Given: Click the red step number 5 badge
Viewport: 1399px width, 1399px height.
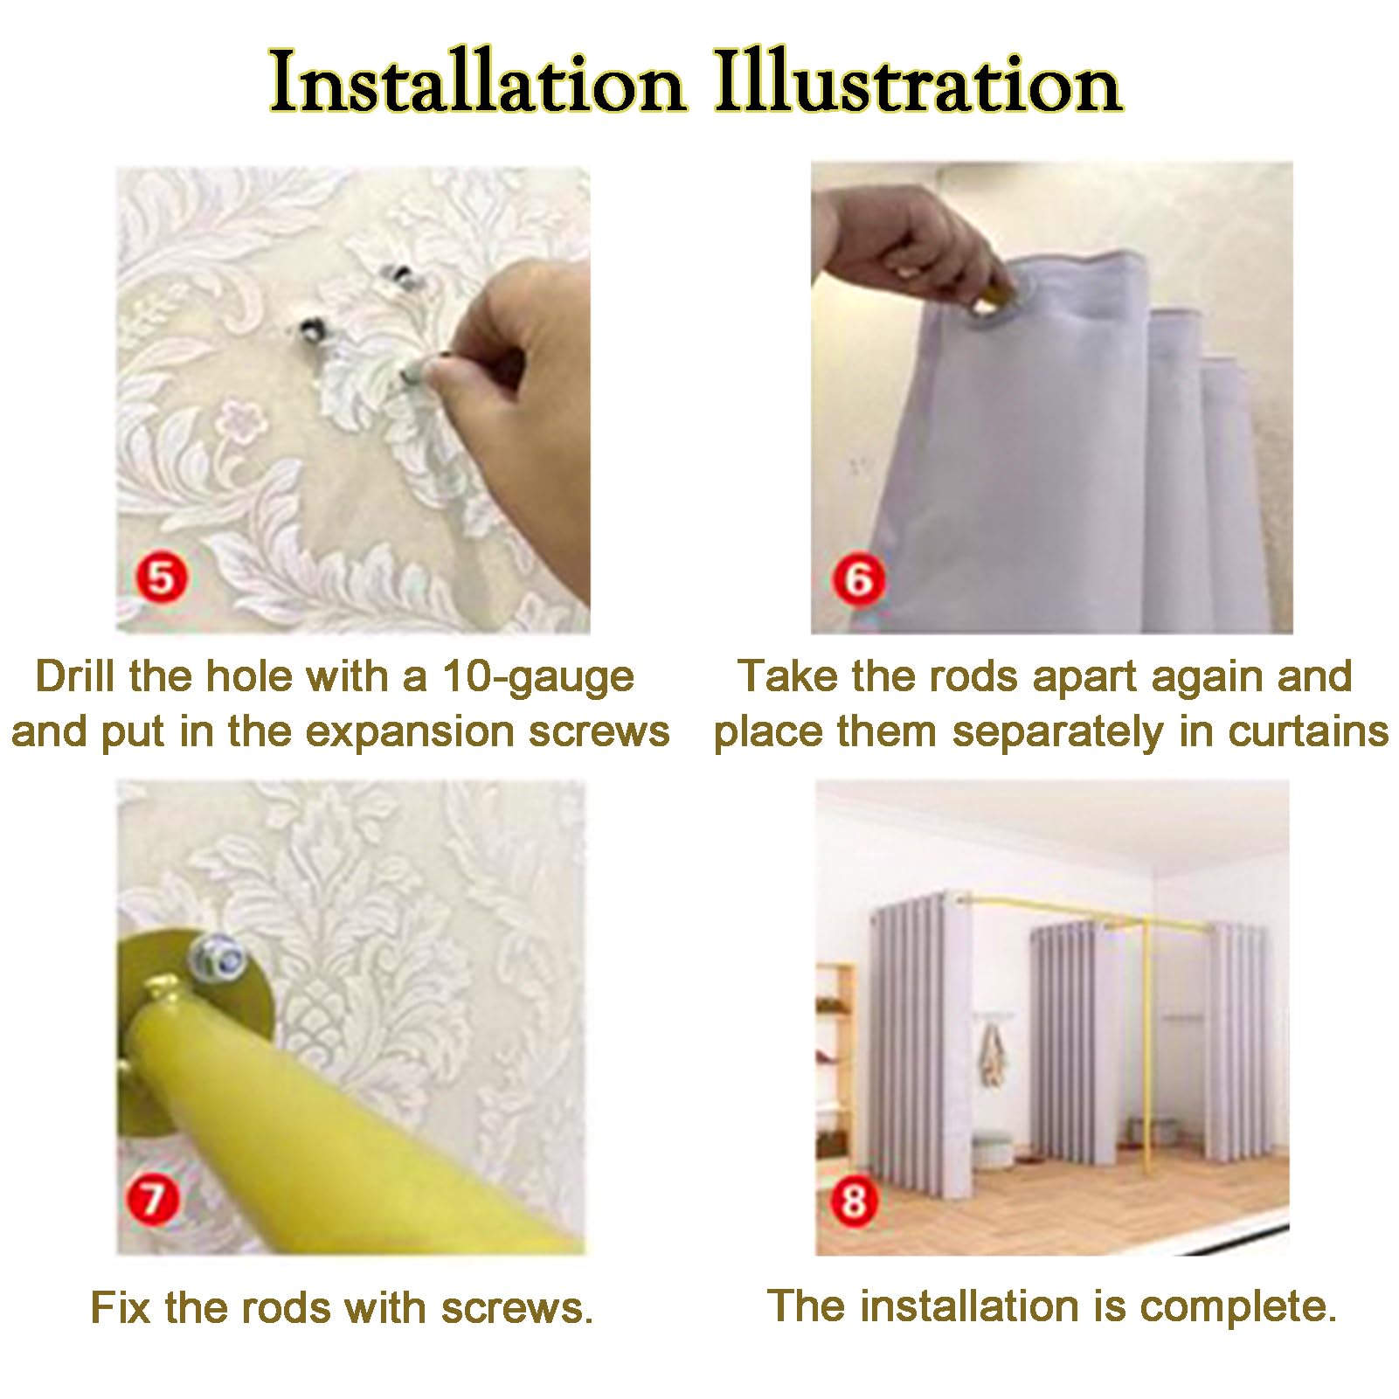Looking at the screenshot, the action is [162, 578].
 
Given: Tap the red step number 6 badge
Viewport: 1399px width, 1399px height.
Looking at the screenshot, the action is [858, 579].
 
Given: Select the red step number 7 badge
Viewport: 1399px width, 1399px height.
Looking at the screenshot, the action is [153, 1198].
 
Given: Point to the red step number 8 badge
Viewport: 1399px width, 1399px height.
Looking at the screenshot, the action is [854, 1201].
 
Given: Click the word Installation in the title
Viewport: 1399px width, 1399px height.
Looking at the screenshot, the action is [476, 83].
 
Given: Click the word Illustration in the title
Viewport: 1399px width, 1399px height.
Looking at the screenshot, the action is [918, 83].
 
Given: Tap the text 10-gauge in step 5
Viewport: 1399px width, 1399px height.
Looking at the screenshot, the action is [537, 677].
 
